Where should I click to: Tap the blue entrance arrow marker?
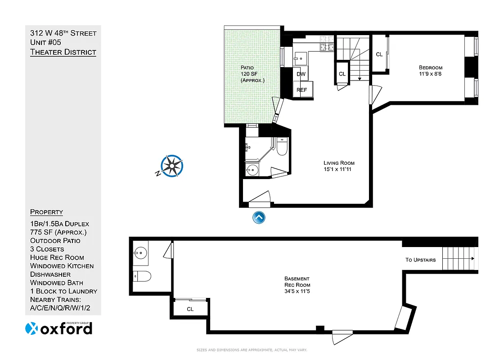(x=259, y=218)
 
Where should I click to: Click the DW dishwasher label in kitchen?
(x=301, y=74)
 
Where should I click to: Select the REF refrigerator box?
(x=302, y=90)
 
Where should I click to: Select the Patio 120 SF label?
(x=252, y=74)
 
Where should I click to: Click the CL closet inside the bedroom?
(x=379, y=54)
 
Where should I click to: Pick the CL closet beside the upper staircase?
(x=342, y=74)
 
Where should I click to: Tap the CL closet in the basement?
(x=190, y=309)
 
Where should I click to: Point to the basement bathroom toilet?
(x=143, y=276)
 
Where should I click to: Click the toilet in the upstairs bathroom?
(x=282, y=147)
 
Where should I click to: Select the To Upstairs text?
(x=420, y=260)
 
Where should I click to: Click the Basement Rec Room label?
(x=297, y=285)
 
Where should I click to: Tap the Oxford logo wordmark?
(x=59, y=328)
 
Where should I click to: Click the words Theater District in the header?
(x=63, y=52)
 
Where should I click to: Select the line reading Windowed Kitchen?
(x=62, y=266)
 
